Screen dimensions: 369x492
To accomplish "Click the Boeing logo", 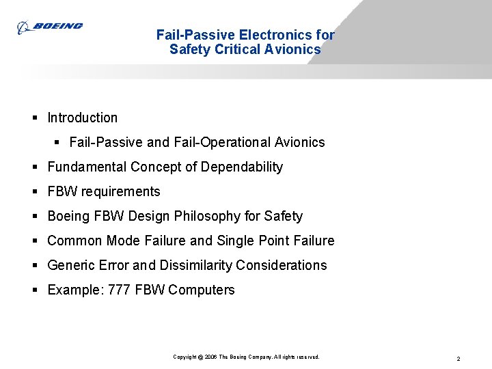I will (50, 27).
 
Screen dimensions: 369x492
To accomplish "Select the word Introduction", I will (82, 118).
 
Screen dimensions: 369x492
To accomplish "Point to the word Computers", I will (201, 290).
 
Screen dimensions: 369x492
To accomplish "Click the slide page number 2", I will (458, 358).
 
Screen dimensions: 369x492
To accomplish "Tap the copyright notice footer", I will (246, 357).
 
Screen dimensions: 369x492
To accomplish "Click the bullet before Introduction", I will (35, 118).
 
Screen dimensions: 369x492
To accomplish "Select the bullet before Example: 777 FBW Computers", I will (35, 290).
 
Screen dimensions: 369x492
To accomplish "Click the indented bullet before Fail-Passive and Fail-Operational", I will (57, 142).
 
